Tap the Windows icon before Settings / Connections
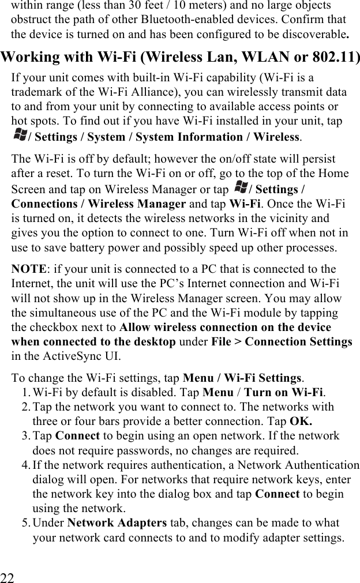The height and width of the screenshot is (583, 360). pos(241,189)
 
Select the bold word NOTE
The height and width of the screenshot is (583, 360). pos(28,269)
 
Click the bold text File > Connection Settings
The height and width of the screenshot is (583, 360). pos(282,341)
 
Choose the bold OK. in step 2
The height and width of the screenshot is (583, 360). pos(301,422)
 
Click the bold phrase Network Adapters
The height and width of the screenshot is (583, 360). pos(117,523)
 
